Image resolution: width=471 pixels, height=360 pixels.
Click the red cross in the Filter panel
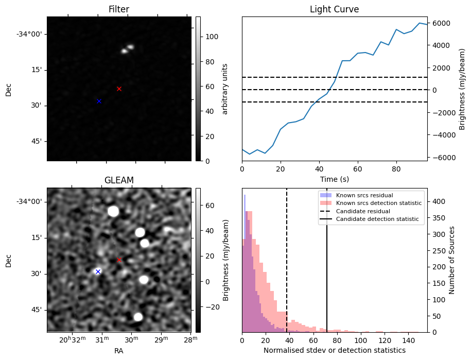(119, 89)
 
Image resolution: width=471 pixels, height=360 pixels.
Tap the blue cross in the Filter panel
(99, 101)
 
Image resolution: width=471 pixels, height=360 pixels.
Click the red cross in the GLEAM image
(119, 260)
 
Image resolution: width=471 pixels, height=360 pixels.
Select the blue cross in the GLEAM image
(98, 271)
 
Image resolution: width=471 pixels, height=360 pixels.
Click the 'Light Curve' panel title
(334, 9)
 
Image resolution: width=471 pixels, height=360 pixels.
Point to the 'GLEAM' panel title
(119, 180)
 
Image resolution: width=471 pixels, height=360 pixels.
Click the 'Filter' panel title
(119, 9)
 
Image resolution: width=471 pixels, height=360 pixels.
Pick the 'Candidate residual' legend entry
(363, 211)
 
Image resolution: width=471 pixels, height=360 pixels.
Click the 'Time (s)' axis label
(334, 179)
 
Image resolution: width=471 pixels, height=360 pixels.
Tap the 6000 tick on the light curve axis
(441, 24)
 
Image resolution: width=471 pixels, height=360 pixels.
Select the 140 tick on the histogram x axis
(408, 340)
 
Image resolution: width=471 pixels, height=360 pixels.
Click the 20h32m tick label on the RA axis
(72, 339)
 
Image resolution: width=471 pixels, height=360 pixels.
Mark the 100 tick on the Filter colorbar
(212, 37)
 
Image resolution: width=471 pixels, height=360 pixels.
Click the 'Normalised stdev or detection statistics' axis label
(334, 350)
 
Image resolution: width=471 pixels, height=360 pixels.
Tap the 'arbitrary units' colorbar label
(224, 89)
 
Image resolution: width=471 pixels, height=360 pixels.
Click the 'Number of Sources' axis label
(451, 260)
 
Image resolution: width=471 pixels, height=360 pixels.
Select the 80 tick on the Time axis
(396, 169)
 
